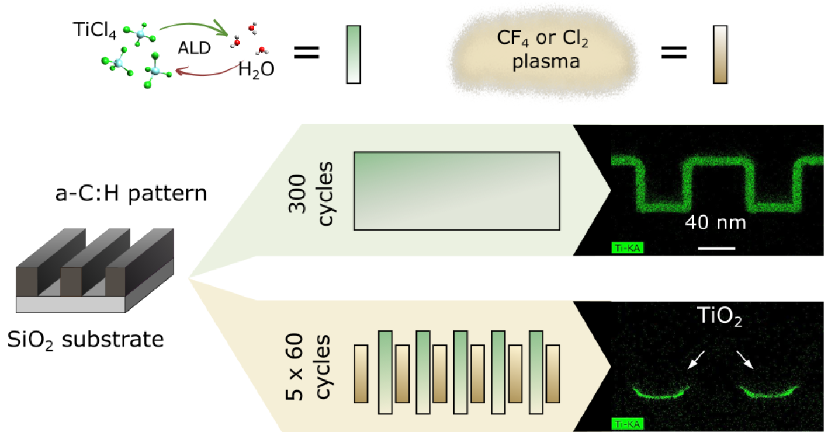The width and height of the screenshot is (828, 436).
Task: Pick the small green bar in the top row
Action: (354, 54)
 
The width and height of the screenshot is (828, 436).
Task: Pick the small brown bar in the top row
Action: (720, 54)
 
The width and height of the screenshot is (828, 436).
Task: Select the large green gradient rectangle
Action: (456, 191)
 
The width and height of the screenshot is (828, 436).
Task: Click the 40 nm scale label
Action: (715, 222)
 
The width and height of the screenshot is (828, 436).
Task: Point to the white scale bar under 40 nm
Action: (716, 248)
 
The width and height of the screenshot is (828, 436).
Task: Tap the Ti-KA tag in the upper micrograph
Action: (628, 248)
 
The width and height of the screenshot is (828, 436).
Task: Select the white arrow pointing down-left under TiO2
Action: (697, 360)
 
